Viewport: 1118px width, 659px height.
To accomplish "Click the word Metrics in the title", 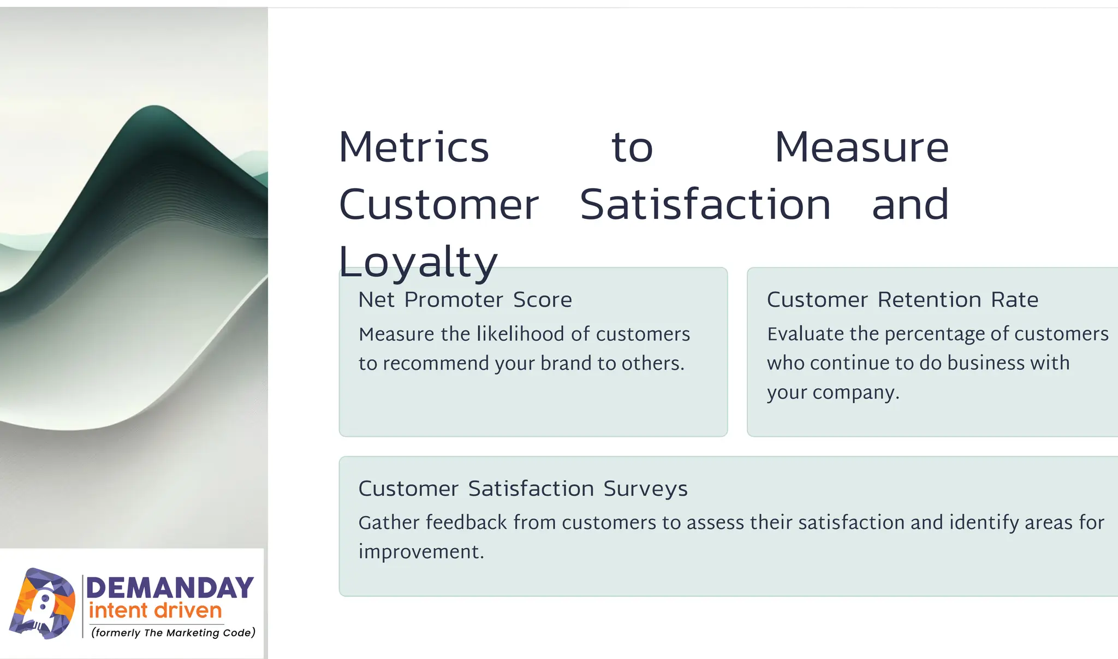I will pyautogui.click(x=414, y=147).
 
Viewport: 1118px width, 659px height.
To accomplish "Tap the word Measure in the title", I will pyautogui.click(x=861, y=147).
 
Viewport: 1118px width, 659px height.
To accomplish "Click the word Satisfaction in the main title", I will pyautogui.click(x=705, y=205).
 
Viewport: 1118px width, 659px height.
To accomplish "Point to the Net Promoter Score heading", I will pyautogui.click(x=465, y=300).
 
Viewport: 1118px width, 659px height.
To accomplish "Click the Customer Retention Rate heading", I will pyautogui.click(x=902, y=300).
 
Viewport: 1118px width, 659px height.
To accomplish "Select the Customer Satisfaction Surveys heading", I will pyautogui.click(x=522, y=489).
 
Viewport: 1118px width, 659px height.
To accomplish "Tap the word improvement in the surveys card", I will pyautogui.click(x=420, y=552).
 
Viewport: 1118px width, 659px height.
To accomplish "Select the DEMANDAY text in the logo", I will pyautogui.click(x=170, y=588).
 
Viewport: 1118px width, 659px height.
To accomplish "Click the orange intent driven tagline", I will pyautogui.click(x=155, y=610).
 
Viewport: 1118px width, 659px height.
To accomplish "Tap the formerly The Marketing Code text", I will pyautogui.click(x=173, y=633).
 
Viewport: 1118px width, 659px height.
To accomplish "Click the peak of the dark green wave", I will pyautogui.click(x=154, y=108).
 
